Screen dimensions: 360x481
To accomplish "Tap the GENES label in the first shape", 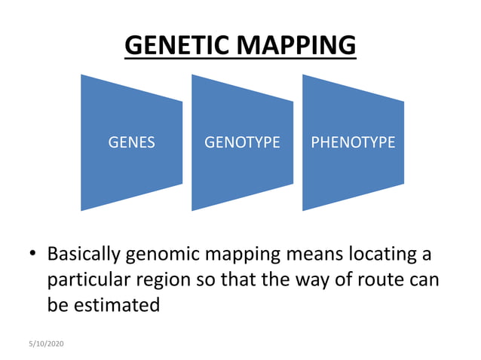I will [x=132, y=142].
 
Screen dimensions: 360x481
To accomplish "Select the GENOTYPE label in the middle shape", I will [x=242, y=142].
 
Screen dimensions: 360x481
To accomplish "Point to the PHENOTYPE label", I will [x=353, y=142].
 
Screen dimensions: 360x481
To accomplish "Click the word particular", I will [x=86, y=280].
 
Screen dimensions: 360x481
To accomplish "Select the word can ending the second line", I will [x=426, y=279].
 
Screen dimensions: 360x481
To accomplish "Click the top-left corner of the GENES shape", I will [x=81, y=75].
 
